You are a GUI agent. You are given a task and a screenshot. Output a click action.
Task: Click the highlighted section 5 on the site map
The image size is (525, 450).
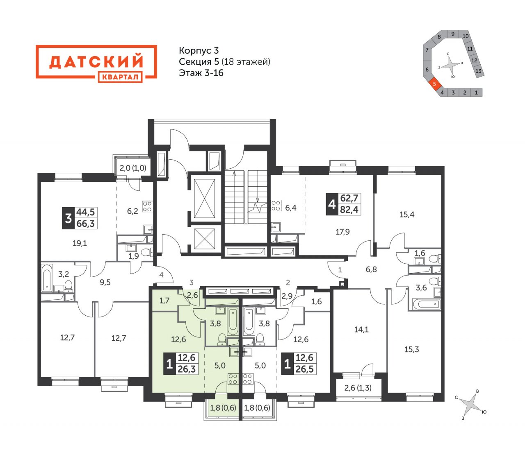point(435,84)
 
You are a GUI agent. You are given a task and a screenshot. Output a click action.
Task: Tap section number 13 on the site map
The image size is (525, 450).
point(479,71)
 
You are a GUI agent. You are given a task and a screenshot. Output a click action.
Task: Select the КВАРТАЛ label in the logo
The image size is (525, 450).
point(120,77)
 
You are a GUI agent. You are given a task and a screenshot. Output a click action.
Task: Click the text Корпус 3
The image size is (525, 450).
point(199,50)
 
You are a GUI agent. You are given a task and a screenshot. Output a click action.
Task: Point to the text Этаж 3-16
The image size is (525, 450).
point(201,73)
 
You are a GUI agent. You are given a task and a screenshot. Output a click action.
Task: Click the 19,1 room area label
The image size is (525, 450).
point(80,243)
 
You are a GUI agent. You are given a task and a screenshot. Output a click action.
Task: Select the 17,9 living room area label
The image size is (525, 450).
point(342,232)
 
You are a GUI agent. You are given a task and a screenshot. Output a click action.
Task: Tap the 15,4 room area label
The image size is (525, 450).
point(407,215)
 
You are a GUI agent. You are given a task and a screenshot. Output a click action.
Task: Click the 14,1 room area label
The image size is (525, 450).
point(361,329)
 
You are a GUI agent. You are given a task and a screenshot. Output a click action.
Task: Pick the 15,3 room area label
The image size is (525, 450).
point(412,349)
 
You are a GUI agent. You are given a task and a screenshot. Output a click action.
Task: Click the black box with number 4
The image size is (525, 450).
point(332,204)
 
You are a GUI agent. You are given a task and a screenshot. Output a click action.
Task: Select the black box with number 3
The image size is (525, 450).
point(68,218)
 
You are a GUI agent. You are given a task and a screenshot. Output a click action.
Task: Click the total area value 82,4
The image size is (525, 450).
point(349,210)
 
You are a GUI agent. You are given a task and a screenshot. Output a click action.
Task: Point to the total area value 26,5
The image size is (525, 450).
point(304,369)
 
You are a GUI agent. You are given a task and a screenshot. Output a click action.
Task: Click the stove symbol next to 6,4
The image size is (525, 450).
point(276,206)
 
